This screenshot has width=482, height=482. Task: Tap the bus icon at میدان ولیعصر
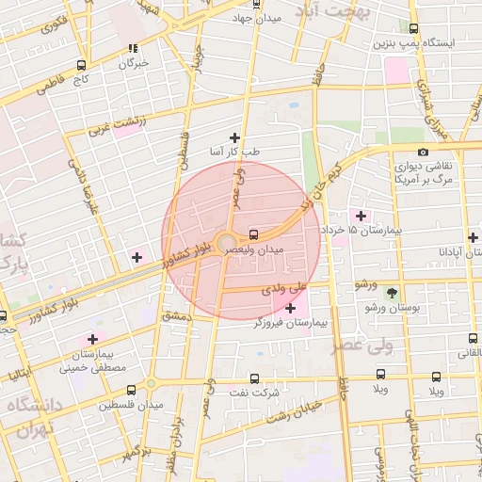254,234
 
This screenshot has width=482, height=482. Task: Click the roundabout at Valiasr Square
227,245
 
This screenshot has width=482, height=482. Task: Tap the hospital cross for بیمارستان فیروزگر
290,308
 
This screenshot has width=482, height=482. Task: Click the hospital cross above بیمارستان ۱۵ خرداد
361,216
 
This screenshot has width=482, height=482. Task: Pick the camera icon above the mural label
423,152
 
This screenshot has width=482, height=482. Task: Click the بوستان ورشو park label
392,308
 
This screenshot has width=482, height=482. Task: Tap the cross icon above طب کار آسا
234,137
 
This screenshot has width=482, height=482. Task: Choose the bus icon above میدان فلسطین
130,390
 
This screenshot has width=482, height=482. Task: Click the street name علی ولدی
286,286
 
